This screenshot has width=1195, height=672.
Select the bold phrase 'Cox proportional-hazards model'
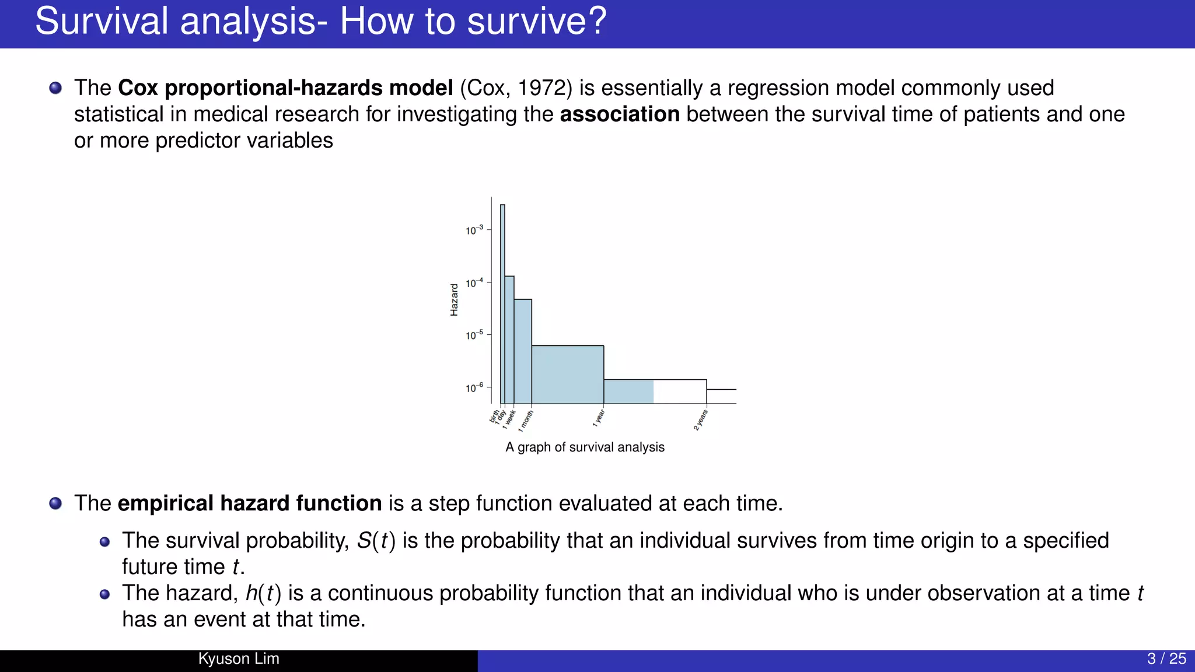coord(285,88)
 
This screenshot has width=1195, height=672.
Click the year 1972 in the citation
coord(541,88)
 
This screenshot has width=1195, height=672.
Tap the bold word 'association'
coord(620,114)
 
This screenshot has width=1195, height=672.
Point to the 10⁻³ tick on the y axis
coord(474,230)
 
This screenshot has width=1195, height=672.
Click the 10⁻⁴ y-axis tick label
coord(474,283)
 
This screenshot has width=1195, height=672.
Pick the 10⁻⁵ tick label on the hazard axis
coord(474,335)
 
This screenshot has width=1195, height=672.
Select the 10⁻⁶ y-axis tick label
coord(474,388)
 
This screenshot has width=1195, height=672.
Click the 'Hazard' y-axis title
coord(454,300)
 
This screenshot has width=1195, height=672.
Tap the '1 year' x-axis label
coord(599,418)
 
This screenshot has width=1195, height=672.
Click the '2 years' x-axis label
coord(701,420)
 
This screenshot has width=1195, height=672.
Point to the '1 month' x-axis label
coord(526,420)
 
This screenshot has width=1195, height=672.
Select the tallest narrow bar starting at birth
coord(502,303)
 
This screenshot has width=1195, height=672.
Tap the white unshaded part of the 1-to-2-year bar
coord(680,391)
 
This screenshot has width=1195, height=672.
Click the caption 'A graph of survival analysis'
coord(585,447)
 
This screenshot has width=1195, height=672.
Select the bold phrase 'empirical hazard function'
coord(250,503)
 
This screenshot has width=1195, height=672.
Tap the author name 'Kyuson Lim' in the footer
coord(239,659)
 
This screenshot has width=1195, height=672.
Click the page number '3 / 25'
coord(1166,659)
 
